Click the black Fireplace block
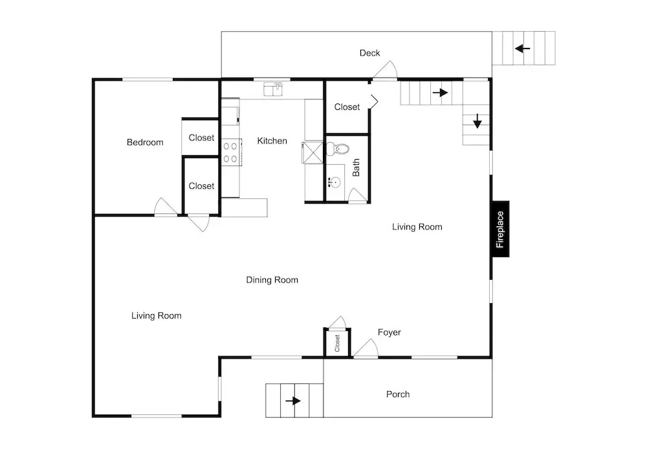[501, 229]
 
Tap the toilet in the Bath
[338, 149]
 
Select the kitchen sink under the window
[273, 89]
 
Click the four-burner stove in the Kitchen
[231, 152]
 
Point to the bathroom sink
[334, 182]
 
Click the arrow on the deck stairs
[522, 48]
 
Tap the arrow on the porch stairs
[293, 401]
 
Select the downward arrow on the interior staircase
[477, 121]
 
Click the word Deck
[369, 53]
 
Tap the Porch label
[398, 394]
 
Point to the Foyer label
[389, 332]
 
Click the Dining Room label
[272, 280]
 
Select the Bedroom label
[145, 142]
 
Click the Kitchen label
[272, 141]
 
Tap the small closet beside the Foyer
[337, 343]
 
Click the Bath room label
[356, 167]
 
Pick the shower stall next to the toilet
[313, 153]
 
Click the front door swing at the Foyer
[366, 348]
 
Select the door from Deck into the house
[386, 70]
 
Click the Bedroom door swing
[166, 206]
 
